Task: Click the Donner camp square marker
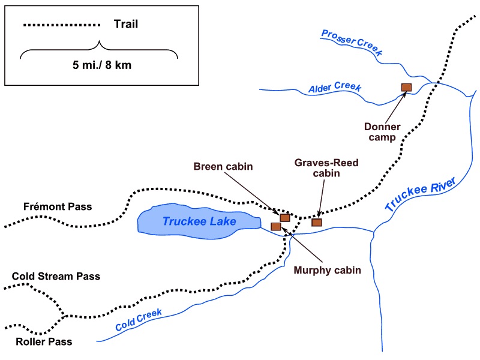tap(406, 88)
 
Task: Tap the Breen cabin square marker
tap(284, 218)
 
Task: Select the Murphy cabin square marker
tap(276, 227)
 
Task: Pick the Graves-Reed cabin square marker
tap(317, 222)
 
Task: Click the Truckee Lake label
tap(199, 221)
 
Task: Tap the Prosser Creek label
tap(352, 42)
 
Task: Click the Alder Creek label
tap(335, 87)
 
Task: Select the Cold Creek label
tap(139, 320)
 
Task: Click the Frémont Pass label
tap(58, 206)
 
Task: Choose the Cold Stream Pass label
tap(56, 277)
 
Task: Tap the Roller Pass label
tap(44, 341)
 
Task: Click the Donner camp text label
tap(382, 132)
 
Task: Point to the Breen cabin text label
tap(223, 167)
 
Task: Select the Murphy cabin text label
tap(327, 271)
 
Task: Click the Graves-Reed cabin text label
tap(326, 168)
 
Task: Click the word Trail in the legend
tap(126, 24)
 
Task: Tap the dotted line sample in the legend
tap(62, 25)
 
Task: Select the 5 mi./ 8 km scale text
tap(102, 65)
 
